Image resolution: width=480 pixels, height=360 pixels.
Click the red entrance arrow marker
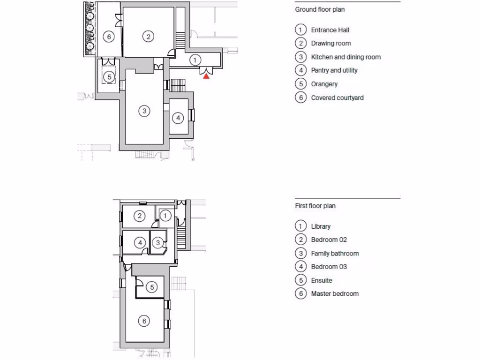[x=206, y=76]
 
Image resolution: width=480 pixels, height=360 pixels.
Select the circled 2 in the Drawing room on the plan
[x=148, y=36]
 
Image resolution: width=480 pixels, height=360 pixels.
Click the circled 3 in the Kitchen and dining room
[x=144, y=111]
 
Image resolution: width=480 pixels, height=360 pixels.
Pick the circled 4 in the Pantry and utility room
[x=178, y=118]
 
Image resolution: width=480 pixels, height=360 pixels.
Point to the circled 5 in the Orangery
[x=109, y=76]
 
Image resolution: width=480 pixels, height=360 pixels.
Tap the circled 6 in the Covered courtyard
[x=109, y=36]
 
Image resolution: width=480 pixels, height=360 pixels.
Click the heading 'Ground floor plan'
[x=320, y=9]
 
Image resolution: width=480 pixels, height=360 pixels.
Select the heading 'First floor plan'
[x=315, y=206]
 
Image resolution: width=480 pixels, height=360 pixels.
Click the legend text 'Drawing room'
[x=331, y=43]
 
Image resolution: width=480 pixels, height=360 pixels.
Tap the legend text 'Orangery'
[x=324, y=84]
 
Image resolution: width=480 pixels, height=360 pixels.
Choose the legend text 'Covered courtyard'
[x=337, y=97]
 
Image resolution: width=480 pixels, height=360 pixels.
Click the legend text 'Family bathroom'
[x=335, y=253]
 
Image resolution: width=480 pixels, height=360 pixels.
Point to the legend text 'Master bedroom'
[x=335, y=293]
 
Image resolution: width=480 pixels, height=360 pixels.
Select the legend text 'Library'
[x=321, y=226]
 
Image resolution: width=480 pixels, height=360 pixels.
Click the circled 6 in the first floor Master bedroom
[x=144, y=321]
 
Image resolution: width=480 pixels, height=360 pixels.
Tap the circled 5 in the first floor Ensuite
[x=152, y=287]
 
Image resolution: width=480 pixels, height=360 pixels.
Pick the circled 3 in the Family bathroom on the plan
[x=158, y=242]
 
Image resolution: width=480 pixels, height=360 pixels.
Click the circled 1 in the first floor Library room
[x=165, y=216]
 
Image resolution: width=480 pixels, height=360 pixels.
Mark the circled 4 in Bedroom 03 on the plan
[x=140, y=242]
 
